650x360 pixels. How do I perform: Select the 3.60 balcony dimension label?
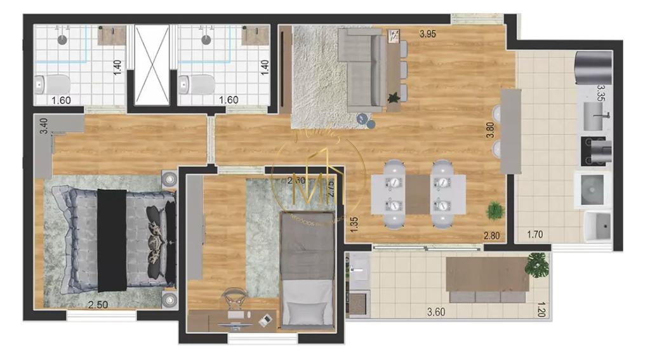436,312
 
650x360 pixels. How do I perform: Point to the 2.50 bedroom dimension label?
97,305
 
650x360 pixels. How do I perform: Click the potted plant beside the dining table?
493,210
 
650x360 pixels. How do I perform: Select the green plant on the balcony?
537,263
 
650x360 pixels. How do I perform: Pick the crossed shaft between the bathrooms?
152,65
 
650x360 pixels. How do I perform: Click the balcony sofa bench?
487,279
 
